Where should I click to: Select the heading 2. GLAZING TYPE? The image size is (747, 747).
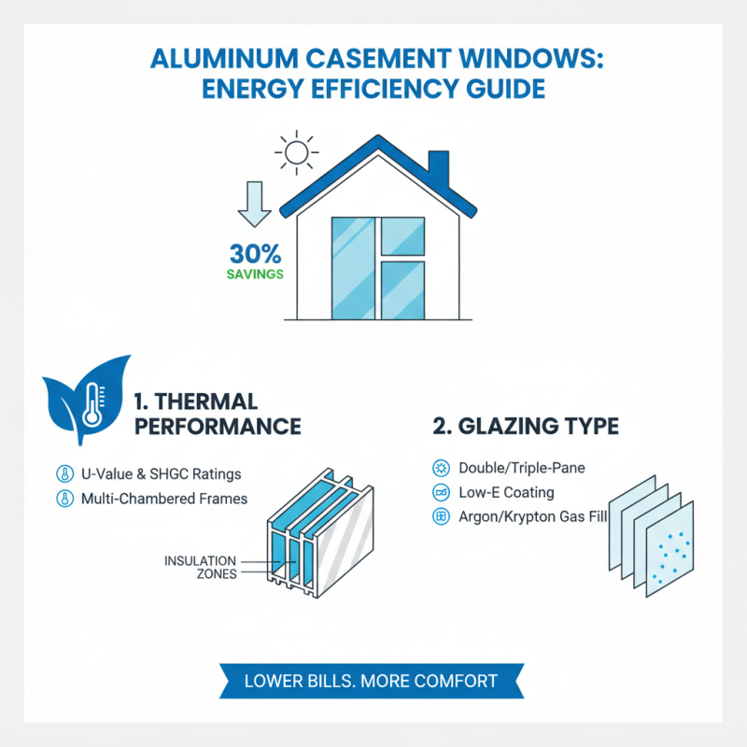pos(525,427)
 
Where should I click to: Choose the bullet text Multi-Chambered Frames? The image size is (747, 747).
pos(164,499)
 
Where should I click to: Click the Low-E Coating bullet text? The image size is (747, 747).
pos(505,492)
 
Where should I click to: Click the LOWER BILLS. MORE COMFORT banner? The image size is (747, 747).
pos(371,681)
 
